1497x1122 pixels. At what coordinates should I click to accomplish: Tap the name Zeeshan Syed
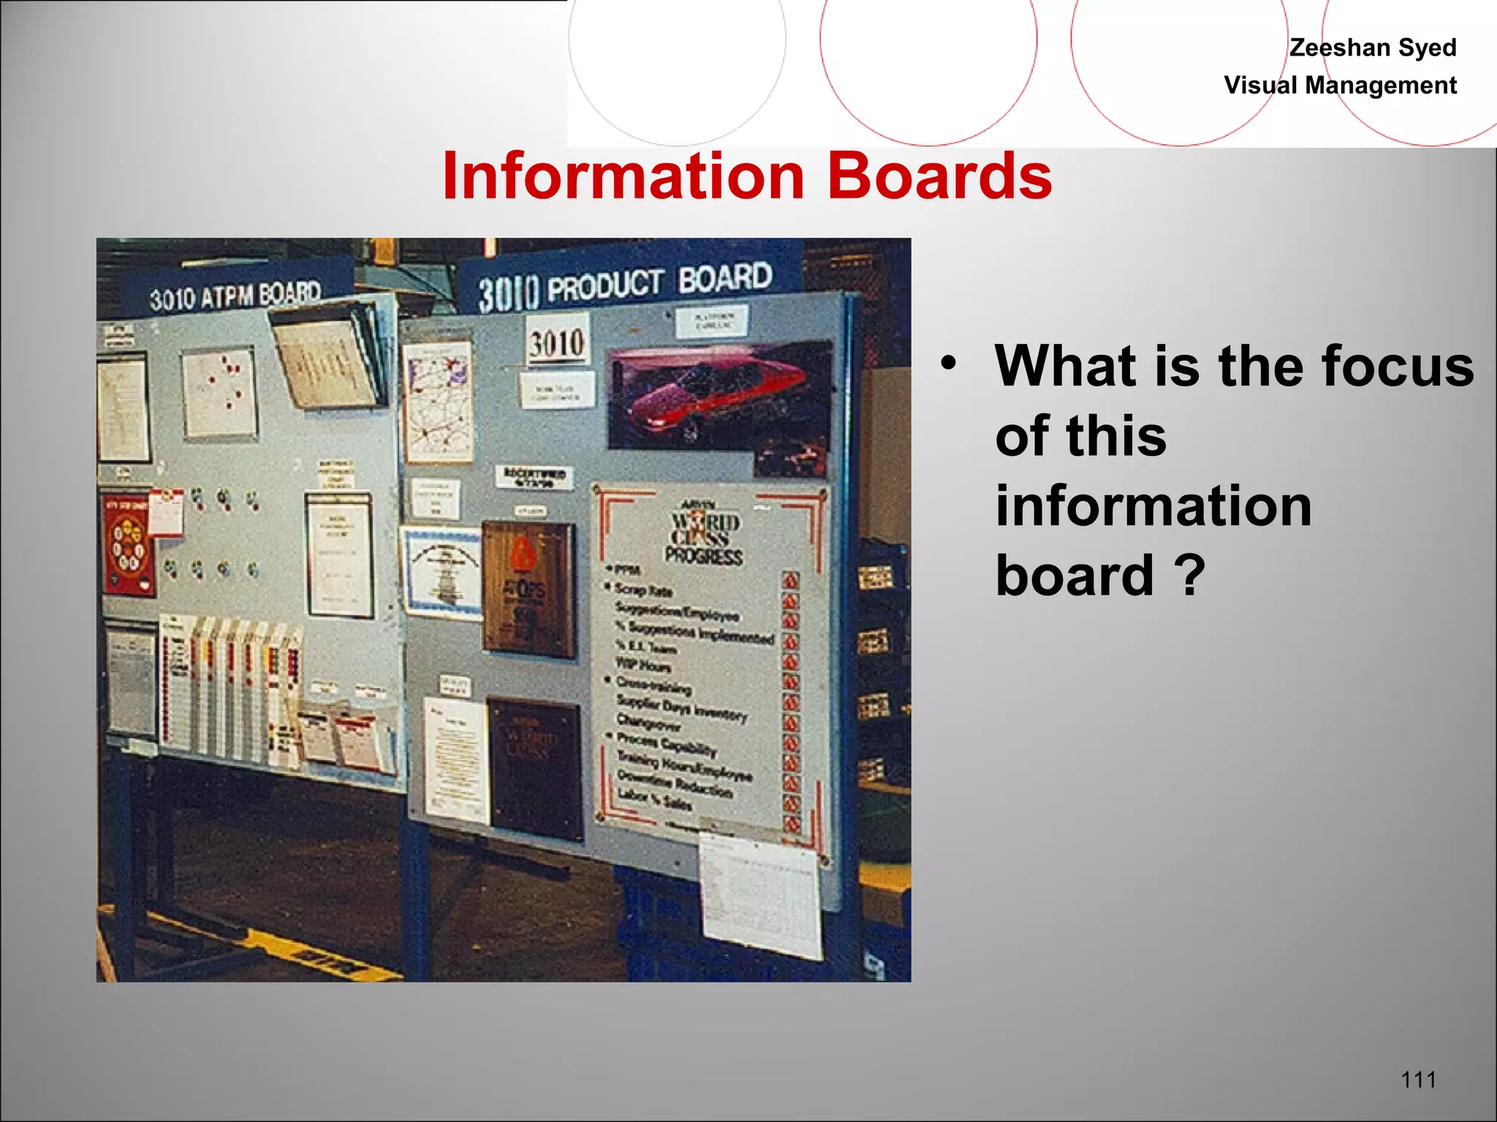(x=1372, y=47)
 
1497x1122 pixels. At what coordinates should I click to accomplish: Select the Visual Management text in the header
(x=1340, y=85)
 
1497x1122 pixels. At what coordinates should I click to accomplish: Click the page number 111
(x=1418, y=1079)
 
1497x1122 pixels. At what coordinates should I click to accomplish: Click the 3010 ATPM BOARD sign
(x=235, y=296)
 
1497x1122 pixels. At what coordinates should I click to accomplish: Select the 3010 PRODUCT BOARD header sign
(x=625, y=286)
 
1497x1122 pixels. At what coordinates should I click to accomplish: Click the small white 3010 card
(x=558, y=341)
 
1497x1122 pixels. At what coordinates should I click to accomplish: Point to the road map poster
(x=439, y=402)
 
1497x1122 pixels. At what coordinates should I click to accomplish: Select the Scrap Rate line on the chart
(x=643, y=589)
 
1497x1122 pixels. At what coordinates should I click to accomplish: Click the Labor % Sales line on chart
(x=654, y=799)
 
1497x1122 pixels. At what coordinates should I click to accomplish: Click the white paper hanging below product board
(x=760, y=895)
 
